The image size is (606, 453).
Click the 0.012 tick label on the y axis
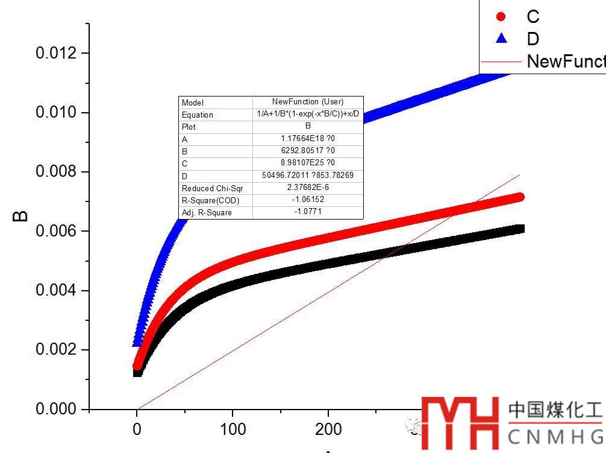pos(57,53)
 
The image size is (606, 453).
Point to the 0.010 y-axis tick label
pos(57,113)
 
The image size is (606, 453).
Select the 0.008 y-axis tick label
pos(57,172)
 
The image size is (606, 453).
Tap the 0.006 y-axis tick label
pos(57,231)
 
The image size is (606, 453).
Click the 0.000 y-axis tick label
pos(57,409)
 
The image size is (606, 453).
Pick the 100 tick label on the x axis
pos(233,429)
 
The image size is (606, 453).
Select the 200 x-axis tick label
pos(328,429)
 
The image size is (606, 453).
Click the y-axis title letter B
pos(20,215)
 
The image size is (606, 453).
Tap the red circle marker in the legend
pos(501,16)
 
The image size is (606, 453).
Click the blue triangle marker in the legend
pos(501,39)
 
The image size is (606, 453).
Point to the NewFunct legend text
pos(565,61)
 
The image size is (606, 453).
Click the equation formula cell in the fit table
pos(308,114)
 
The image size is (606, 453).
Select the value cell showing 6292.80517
pos(308,151)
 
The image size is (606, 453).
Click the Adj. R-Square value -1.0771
pos(308,212)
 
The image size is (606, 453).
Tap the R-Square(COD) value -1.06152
pos(308,200)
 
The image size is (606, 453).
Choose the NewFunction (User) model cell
pos(308,102)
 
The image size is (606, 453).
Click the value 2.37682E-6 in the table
pos(308,188)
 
